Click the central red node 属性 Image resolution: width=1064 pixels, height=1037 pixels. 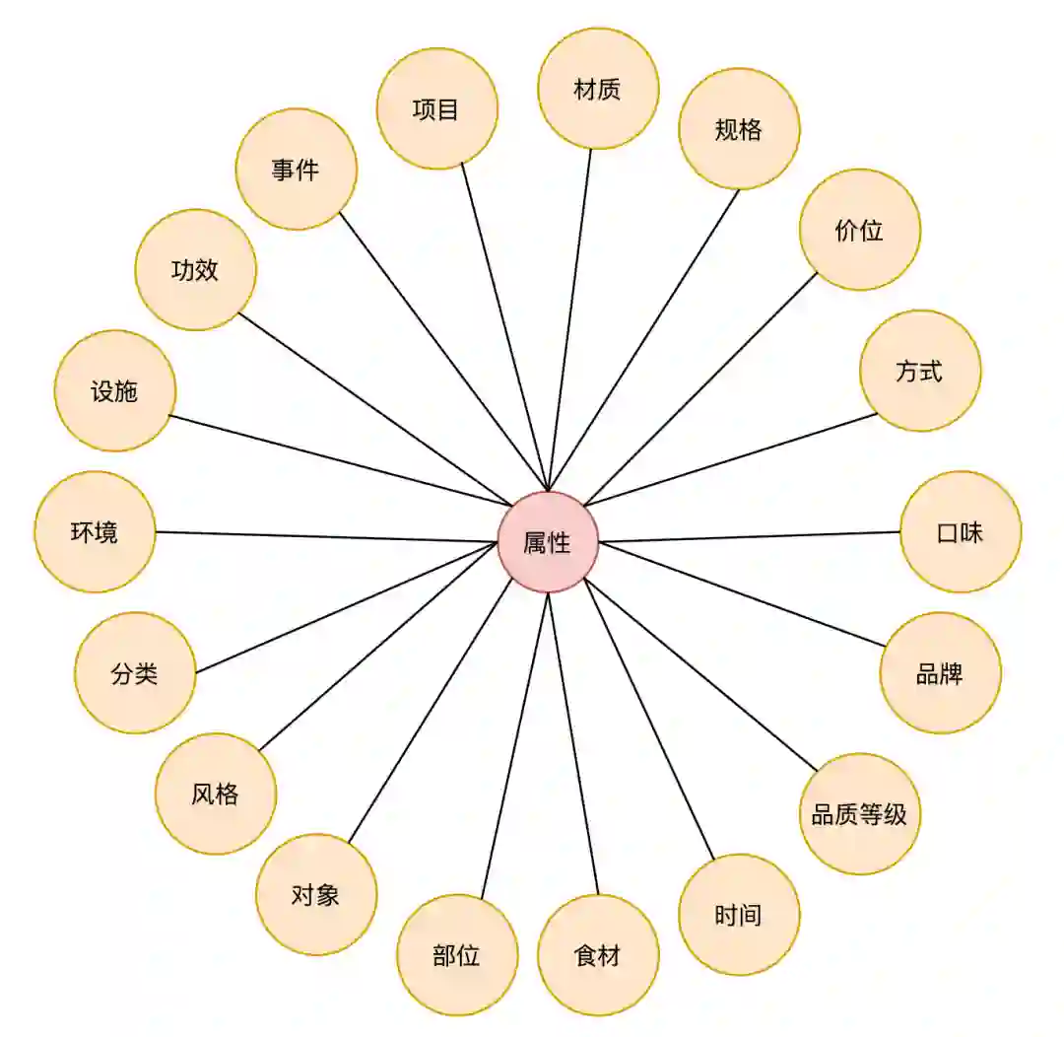548,542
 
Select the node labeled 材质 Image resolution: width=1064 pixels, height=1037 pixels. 598,89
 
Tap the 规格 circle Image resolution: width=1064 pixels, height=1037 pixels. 739,129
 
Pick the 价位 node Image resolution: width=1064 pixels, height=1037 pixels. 859,230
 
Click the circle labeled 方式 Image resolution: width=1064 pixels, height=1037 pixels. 919,371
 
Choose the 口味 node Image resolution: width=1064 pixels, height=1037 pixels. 961,532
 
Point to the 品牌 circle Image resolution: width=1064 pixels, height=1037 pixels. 940,673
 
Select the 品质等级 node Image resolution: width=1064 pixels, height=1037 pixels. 859,814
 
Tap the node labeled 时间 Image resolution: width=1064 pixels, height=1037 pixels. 739,915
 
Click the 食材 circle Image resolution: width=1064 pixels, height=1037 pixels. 598,955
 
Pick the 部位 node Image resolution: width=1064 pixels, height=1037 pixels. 457,955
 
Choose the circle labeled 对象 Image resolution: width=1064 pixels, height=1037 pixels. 316,895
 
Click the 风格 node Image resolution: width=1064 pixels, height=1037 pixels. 216,794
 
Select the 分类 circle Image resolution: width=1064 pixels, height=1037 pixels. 135,673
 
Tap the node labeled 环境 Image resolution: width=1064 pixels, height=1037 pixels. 95,532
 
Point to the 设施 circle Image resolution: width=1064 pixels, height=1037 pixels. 115,391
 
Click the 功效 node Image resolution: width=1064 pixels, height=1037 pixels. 195,270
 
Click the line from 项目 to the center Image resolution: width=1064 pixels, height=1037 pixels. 504,326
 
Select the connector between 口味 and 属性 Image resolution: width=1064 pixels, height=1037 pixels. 749,536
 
